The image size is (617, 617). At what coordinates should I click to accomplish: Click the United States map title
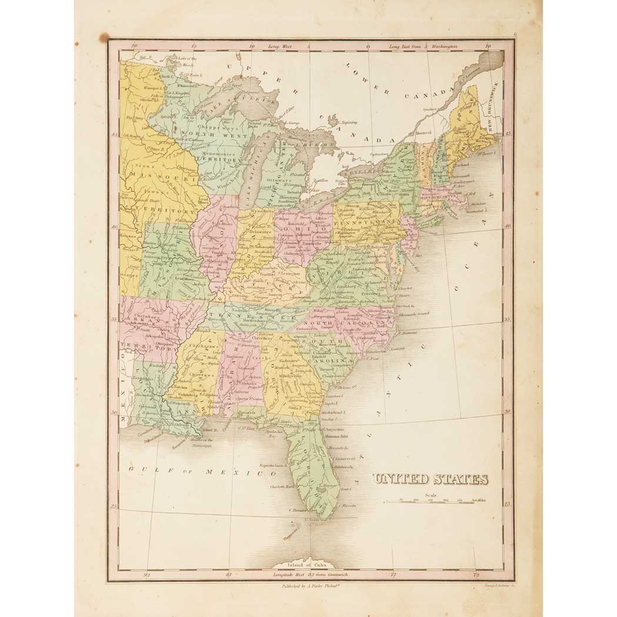pos(431,479)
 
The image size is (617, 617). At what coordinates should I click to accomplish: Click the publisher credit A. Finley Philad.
pos(299,586)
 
